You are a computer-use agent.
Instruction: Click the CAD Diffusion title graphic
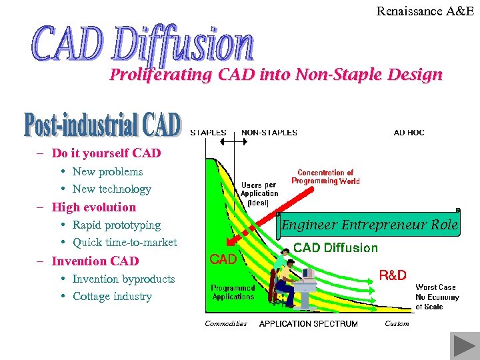(143, 43)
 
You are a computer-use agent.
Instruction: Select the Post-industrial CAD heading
(103, 125)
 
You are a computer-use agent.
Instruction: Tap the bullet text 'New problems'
(107, 171)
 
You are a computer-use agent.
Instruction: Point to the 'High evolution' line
(93, 207)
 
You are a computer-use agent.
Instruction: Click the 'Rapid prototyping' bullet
(116, 225)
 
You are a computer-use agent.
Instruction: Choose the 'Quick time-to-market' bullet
(125, 242)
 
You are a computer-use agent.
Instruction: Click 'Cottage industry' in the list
(112, 296)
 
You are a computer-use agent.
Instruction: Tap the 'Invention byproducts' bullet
(123, 279)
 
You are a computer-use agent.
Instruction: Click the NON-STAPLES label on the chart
(269, 133)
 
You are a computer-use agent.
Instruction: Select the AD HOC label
(409, 133)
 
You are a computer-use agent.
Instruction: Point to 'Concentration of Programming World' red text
(325, 177)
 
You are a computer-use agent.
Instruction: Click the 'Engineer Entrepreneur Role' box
(369, 225)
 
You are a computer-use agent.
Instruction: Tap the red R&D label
(393, 275)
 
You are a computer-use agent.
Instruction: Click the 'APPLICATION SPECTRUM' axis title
(308, 324)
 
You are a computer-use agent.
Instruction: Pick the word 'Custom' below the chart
(397, 323)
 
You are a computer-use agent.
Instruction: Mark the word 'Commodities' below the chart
(225, 323)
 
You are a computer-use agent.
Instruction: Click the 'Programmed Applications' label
(233, 292)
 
